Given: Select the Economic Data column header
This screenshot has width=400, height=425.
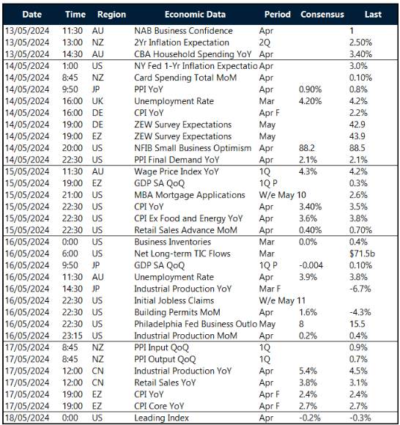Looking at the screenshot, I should pos(195,14).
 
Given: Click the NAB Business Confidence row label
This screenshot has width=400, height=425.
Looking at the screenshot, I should pos(183,31).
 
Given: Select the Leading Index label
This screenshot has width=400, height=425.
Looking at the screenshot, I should pos(161,418).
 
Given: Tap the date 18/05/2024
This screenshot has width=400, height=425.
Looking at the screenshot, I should pos(29,418).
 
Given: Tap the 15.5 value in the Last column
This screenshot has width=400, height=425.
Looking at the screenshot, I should pos(358,325).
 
